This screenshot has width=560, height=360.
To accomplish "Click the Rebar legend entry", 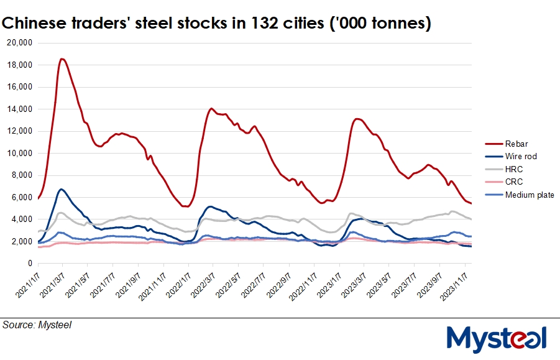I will [516, 144].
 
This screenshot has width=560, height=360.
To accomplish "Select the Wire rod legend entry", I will [520, 157].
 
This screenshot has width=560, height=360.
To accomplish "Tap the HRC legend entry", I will [514, 169].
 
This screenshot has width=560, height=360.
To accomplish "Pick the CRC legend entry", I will [514, 182].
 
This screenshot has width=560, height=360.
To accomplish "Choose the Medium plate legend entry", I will [529, 195].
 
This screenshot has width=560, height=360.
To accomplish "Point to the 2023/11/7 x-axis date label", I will [455, 283].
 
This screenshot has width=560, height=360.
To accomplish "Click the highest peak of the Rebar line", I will [62, 59].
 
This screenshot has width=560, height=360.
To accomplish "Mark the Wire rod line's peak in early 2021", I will [61, 189].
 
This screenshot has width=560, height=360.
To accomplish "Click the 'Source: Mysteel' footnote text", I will [37, 325].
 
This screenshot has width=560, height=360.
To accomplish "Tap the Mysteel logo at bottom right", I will [497, 338].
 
